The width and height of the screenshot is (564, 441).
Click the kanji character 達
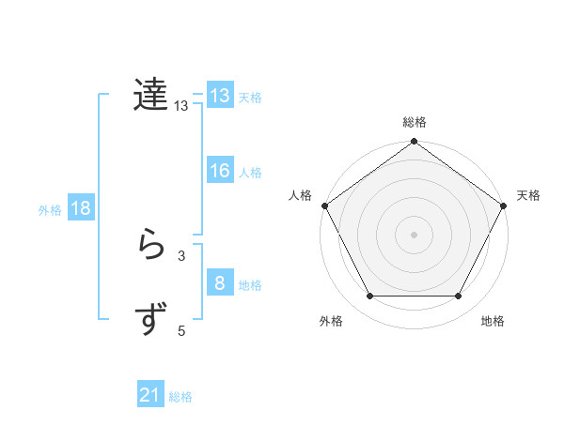pyautogui.click(x=151, y=95)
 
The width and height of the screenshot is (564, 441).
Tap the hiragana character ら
pyautogui.click(x=151, y=246)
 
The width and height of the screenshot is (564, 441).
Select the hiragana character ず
pyautogui.click(x=151, y=320)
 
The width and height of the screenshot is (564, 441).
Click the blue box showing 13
pyautogui.click(x=220, y=96)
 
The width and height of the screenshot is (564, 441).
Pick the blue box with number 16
pyautogui.click(x=220, y=171)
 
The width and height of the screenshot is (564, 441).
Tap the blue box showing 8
pyautogui.click(x=220, y=283)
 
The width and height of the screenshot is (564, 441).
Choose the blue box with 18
pyautogui.click(x=81, y=208)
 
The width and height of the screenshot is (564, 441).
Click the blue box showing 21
pyautogui.click(x=150, y=395)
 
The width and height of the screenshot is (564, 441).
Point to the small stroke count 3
pyautogui.click(x=181, y=255)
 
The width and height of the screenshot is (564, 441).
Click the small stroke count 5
pyautogui.click(x=181, y=330)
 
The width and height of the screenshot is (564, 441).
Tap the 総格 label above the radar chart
pyautogui.click(x=415, y=122)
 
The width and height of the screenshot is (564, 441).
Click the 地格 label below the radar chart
pyautogui.click(x=493, y=321)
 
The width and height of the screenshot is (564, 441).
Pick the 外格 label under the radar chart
pyautogui.click(x=331, y=321)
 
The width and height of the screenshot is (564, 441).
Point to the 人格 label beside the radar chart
pyautogui.click(x=301, y=195)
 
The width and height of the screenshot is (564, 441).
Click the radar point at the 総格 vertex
pyautogui.click(x=415, y=143)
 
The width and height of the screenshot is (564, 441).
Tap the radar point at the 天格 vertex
pyautogui.click(x=505, y=205)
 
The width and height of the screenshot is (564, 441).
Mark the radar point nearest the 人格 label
pyautogui.click(x=324, y=205)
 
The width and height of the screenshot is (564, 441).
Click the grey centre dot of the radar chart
pyautogui.click(x=415, y=234)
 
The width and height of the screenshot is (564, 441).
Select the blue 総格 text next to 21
pyautogui.click(x=180, y=397)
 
